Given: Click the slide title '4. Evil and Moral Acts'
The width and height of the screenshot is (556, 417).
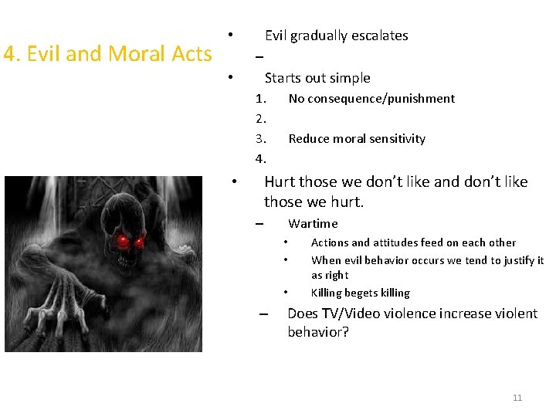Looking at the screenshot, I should pos(107,54).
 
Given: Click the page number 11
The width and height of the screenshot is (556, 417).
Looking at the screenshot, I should pos(517,398).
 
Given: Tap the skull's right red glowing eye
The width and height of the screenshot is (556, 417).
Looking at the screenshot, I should pos(140,242).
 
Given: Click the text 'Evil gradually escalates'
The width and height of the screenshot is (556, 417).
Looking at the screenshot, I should pos(336,36).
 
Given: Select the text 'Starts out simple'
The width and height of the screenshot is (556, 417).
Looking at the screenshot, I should pos(317,78).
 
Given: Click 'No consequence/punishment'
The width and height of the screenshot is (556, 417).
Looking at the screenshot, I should pos(371,99).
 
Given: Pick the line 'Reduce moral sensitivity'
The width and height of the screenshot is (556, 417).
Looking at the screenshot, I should pos(357,139).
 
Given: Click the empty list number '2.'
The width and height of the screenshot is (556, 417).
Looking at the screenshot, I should pos(261,119).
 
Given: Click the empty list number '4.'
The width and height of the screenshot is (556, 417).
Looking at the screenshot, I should pos(261,159).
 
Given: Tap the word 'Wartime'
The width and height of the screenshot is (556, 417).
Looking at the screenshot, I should pos(313,224).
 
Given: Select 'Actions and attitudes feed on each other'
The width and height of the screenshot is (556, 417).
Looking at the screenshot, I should pos(413,242).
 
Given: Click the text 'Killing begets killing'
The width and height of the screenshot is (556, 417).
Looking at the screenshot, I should pos(360,293).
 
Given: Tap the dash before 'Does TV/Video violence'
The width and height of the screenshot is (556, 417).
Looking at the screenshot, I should pos(263,314).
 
